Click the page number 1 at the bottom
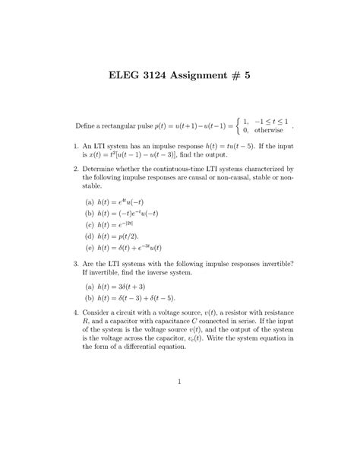[179, 403]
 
